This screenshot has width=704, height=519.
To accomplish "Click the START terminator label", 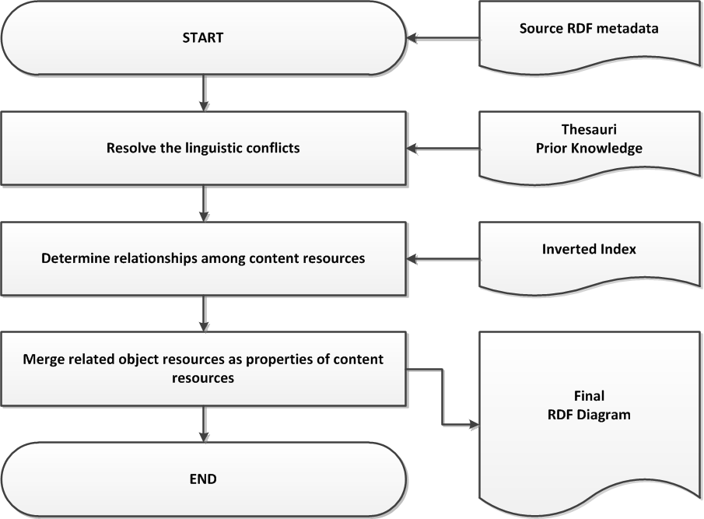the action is pyautogui.click(x=203, y=37).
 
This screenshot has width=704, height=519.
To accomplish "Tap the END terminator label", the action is pyautogui.click(x=203, y=479).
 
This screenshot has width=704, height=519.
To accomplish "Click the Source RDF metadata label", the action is pyautogui.click(x=589, y=29).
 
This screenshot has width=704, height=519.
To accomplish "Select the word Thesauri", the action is pyautogui.click(x=589, y=129).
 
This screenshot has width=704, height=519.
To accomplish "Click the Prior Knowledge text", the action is pyautogui.click(x=589, y=148).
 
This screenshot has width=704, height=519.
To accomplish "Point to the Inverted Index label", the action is pyautogui.click(x=589, y=249).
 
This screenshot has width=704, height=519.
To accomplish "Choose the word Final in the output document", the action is pyautogui.click(x=589, y=395).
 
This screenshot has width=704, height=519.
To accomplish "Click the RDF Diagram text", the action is pyautogui.click(x=589, y=415).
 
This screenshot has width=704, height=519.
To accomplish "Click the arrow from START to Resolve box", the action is pyautogui.click(x=204, y=93).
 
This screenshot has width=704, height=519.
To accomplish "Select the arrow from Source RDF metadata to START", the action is pyautogui.click(x=443, y=38).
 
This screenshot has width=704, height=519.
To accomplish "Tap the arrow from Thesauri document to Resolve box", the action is pyautogui.click(x=443, y=148).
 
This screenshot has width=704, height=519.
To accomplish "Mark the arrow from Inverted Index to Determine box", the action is pyautogui.click(x=443, y=258).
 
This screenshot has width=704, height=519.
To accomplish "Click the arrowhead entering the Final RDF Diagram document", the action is pyautogui.click(x=474, y=424).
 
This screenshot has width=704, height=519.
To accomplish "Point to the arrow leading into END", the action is pyautogui.click(x=204, y=424).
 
